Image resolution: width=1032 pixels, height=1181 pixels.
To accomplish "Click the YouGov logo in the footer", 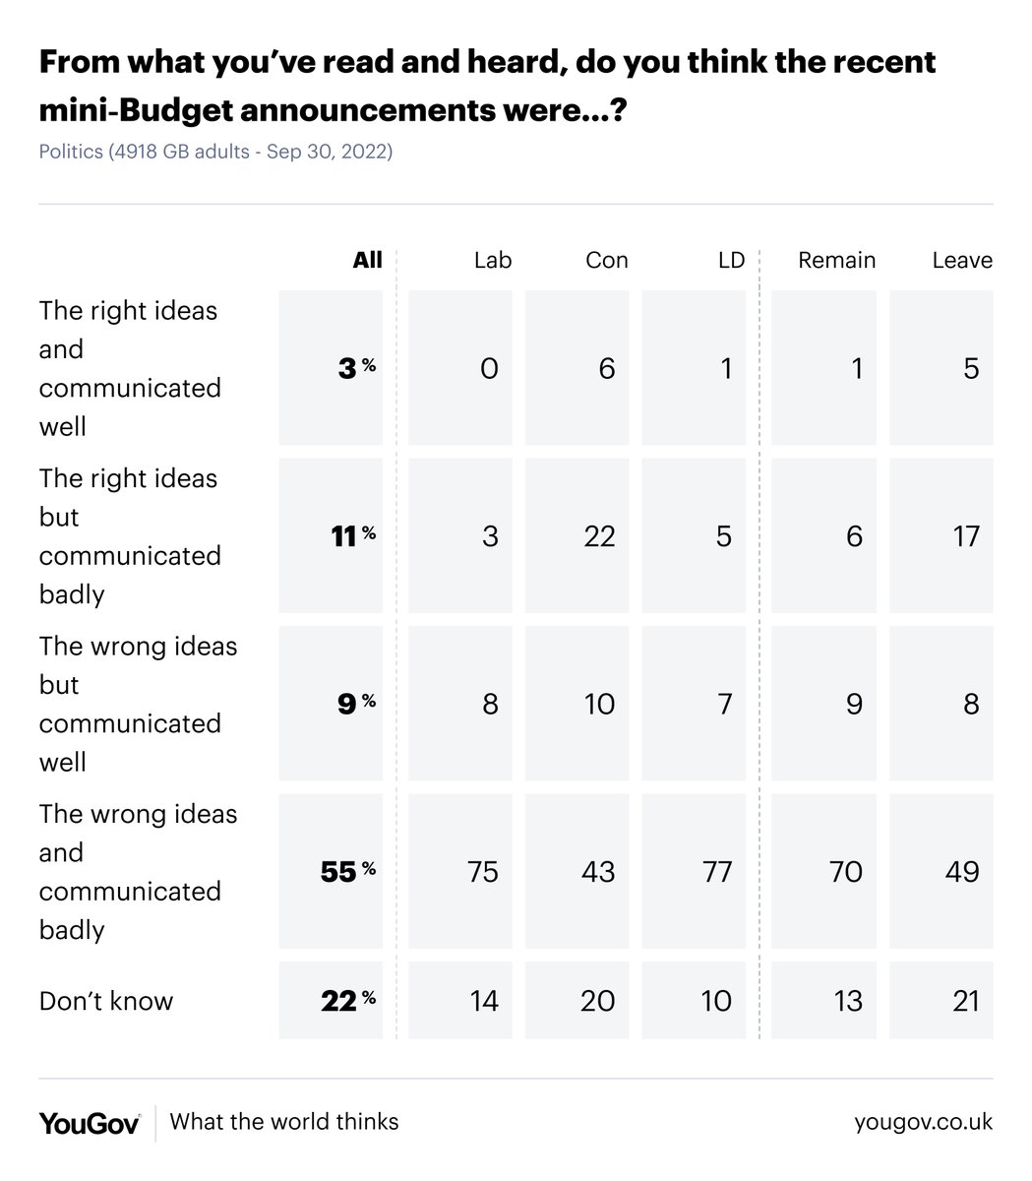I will pyautogui.click(x=90, y=1122).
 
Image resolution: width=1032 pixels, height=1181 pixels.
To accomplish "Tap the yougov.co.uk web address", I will pyautogui.click(x=923, y=1122).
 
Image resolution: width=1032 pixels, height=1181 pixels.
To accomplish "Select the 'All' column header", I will pyautogui.click(x=367, y=260).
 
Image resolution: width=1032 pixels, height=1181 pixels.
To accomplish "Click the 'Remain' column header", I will pyautogui.click(x=836, y=260).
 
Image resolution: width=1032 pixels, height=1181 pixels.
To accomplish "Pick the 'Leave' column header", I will pyautogui.click(x=961, y=260).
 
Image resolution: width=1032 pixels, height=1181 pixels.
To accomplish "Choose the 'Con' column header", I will pyautogui.click(x=606, y=260).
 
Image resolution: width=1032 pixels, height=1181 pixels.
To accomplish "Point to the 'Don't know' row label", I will pyautogui.click(x=106, y=1001).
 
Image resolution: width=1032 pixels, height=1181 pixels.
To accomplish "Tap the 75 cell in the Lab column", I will pyautogui.click(x=483, y=871).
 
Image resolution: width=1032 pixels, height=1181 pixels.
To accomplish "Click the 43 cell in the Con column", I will pyautogui.click(x=598, y=871).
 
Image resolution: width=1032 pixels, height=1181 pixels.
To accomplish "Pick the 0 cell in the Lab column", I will pyautogui.click(x=489, y=368).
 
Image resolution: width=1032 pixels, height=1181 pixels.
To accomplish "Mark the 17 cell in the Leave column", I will pyautogui.click(x=965, y=535).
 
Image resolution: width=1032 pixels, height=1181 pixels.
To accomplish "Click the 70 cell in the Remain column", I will pyautogui.click(x=846, y=871).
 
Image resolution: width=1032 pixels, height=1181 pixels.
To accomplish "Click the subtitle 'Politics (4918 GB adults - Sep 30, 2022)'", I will pyautogui.click(x=215, y=153).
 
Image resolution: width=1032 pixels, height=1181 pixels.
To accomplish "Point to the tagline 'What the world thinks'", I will pyautogui.click(x=284, y=1122).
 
